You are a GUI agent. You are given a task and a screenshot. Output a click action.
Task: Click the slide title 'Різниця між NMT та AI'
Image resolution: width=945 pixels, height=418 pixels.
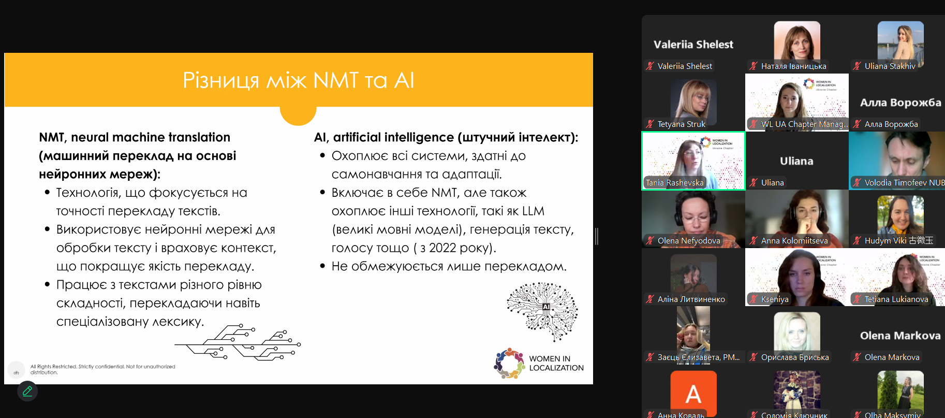click(x=299, y=81)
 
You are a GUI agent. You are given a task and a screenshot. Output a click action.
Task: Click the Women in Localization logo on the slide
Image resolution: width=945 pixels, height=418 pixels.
click(x=538, y=363)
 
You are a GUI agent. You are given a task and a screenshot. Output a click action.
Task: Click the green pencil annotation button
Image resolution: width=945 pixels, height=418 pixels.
click(x=27, y=391)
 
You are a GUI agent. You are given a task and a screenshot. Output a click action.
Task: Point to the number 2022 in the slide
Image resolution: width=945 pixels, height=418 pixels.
click(x=443, y=248)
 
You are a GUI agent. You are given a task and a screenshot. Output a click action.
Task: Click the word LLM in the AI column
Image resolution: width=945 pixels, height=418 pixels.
click(x=533, y=211)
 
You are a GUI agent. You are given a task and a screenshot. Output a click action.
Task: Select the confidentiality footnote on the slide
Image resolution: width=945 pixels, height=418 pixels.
click(x=102, y=369)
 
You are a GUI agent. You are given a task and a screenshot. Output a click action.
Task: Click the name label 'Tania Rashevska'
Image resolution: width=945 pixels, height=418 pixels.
click(x=675, y=183)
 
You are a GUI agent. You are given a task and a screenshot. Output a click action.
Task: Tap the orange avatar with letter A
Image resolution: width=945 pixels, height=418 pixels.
click(x=693, y=393)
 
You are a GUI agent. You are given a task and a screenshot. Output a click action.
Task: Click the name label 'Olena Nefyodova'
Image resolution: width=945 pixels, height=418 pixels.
click(x=688, y=241)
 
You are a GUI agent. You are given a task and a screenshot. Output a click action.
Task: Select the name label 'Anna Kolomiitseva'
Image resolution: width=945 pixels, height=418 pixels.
click(x=794, y=241)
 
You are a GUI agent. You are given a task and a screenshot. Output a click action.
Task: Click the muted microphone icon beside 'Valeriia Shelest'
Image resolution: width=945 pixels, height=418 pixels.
click(x=650, y=66)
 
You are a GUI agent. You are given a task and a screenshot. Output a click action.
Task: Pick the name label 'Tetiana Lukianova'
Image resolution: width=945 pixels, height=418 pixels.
click(x=896, y=299)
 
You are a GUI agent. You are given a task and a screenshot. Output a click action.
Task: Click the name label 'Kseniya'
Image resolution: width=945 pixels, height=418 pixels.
click(x=775, y=299)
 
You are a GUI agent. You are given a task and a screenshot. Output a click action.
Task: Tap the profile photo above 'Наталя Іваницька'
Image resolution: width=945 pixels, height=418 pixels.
click(x=797, y=41)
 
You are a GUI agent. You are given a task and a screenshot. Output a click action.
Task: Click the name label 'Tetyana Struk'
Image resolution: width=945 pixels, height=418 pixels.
click(x=681, y=124)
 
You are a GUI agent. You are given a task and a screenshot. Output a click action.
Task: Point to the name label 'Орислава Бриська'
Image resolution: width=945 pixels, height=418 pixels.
click(x=794, y=357)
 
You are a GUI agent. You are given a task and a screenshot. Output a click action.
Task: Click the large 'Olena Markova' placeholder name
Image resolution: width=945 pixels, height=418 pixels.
click(x=900, y=336)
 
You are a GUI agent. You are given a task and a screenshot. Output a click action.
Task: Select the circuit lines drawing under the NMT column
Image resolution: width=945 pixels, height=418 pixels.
click(x=238, y=342)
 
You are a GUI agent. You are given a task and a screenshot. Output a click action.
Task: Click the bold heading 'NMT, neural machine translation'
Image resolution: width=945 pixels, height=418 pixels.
click(x=135, y=137)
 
